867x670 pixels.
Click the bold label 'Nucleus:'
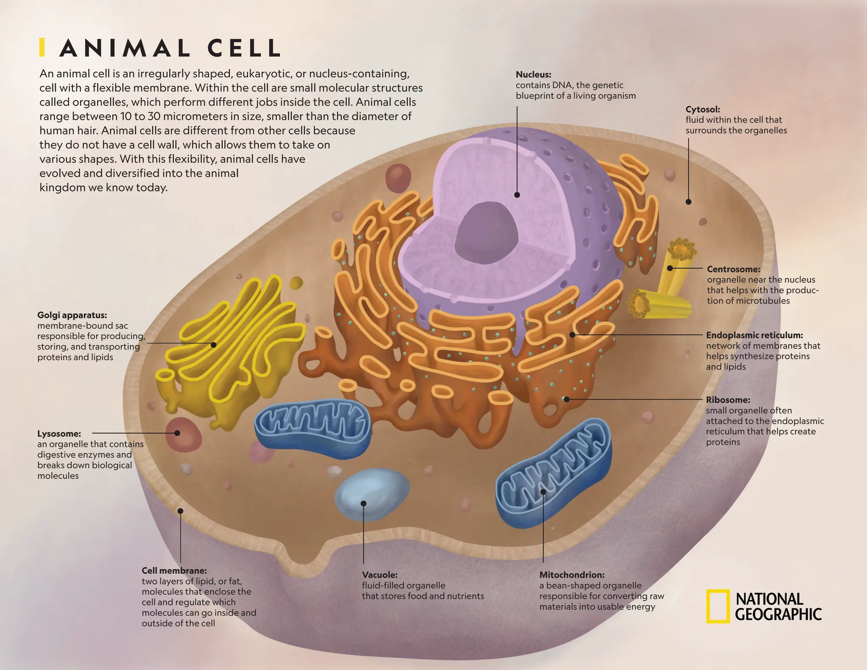point(533,75)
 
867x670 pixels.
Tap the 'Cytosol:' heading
point(703,109)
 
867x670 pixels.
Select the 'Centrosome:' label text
point(734,269)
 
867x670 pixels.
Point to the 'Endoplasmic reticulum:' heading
point(754,335)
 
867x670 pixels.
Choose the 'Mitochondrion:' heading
point(572,575)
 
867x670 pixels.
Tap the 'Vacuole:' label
point(380,575)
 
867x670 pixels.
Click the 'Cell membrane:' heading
point(174,570)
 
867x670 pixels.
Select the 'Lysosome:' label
point(59,434)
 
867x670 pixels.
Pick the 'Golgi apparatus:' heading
point(72,315)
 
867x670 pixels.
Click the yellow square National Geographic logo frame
point(718,606)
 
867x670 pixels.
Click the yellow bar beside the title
point(42,47)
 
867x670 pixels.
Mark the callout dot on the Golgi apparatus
point(214,345)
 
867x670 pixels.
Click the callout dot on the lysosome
point(177,433)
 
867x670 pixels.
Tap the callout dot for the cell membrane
point(180,511)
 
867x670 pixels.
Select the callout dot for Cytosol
point(688,202)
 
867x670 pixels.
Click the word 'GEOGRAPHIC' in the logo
point(778,614)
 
